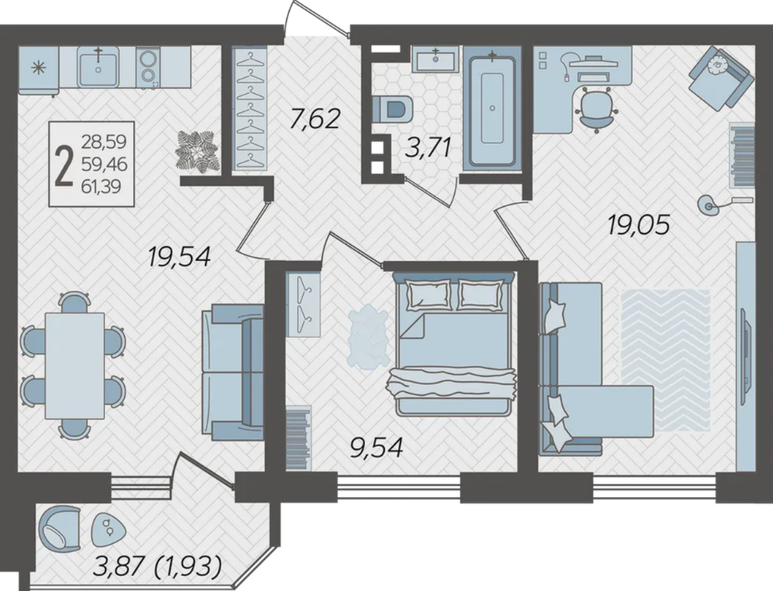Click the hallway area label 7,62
point(315,119)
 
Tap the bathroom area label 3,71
point(427,147)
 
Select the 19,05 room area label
point(639,225)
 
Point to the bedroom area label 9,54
point(376,448)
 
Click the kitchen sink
point(99,68)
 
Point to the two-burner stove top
point(147,68)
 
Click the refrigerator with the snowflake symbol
point(38,69)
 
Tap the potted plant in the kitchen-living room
point(196,152)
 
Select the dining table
point(75,366)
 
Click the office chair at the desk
point(597,108)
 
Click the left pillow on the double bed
point(428,294)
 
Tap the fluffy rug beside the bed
point(366,336)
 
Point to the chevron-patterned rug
point(666,359)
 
